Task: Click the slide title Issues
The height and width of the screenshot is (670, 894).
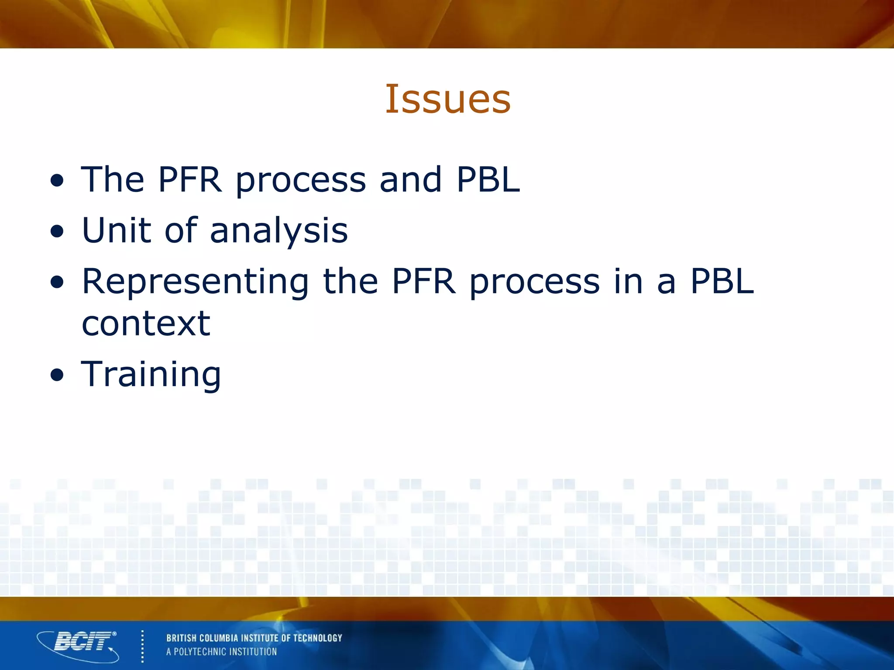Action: (447, 99)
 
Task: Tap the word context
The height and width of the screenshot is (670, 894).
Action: (146, 324)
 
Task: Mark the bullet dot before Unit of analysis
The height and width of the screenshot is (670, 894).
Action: (57, 231)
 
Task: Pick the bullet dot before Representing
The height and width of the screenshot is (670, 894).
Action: (57, 282)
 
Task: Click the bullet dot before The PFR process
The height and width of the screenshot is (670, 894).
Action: (57, 180)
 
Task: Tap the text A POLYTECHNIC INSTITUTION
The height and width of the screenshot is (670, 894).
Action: (221, 652)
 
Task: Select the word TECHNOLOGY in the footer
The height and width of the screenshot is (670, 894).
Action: (317, 638)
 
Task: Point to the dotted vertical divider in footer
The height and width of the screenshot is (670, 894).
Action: (142, 646)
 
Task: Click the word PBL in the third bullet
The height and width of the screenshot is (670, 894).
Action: (722, 281)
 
